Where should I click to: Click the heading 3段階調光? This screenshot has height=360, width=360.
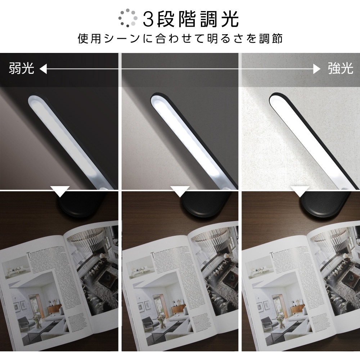pos(191,19)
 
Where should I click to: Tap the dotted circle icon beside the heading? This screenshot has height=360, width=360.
pos(128,18)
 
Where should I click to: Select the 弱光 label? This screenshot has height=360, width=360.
pos(22,68)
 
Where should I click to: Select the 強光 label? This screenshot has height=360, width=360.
pos(340,68)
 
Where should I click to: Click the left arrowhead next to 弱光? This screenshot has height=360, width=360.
pos(43,69)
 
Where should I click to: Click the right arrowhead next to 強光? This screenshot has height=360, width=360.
pos(317,69)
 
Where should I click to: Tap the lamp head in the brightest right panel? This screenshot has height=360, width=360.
pos(306,140)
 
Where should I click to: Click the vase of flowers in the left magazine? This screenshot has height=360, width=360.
pos(37,317)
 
